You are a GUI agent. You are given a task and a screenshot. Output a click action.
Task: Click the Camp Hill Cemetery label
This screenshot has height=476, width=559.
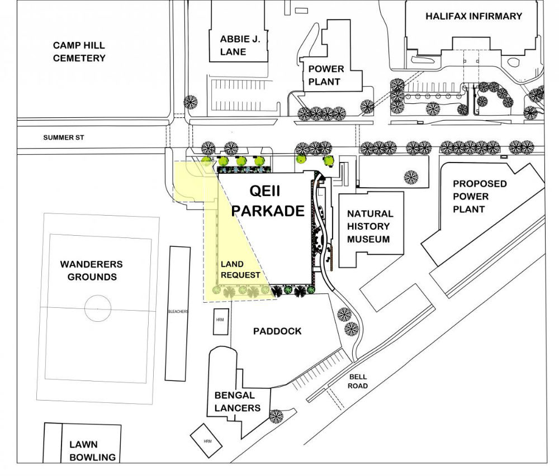(x=79, y=51)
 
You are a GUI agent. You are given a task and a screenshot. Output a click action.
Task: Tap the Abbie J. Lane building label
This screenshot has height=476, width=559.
(x=233, y=45)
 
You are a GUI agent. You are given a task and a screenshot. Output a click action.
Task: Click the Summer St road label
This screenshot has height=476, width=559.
(x=63, y=137)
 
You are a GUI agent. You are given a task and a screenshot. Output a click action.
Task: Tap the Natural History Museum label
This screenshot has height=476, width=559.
(x=369, y=226)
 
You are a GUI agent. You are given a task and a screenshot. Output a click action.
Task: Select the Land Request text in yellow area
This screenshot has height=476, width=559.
(x=240, y=269)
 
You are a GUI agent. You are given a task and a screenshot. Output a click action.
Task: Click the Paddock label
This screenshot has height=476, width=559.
(x=277, y=331)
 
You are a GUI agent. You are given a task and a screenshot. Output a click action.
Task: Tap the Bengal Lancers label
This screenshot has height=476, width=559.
(x=238, y=402)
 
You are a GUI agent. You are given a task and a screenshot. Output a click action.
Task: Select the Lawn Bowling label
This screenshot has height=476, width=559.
(x=92, y=450)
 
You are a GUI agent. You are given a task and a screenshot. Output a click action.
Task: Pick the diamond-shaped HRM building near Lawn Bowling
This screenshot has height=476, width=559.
(x=207, y=441)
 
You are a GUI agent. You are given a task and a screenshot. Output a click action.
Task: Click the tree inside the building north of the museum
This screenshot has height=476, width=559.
(x=411, y=177)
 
